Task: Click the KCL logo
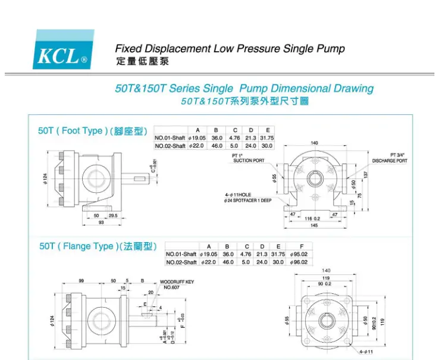point(64,49)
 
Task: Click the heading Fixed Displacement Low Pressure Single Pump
point(230,49)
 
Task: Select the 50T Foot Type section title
point(92,131)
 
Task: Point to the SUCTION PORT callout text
point(249,161)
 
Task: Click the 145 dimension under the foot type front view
point(313,225)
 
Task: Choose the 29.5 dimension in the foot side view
point(112,215)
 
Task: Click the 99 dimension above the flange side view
point(81,280)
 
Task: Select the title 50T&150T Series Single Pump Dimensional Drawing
point(244,89)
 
